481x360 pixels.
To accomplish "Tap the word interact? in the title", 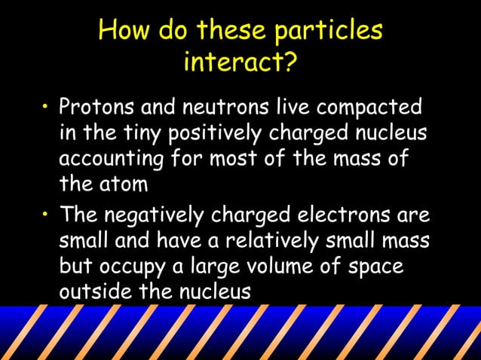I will point(240,63).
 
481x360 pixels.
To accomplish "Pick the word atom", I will point(127,184).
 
